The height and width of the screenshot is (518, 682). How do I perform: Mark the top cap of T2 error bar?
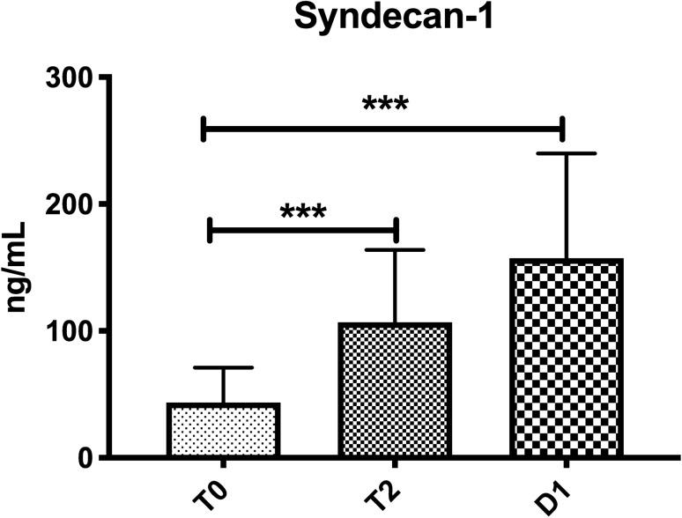(x=396, y=250)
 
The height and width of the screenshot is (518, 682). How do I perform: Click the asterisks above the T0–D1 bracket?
(x=385, y=104)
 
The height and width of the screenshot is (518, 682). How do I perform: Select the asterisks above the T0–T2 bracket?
(x=303, y=212)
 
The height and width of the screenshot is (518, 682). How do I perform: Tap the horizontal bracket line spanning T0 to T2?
(x=303, y=231)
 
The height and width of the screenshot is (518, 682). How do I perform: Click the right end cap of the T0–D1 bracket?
(x=563, y=129)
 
